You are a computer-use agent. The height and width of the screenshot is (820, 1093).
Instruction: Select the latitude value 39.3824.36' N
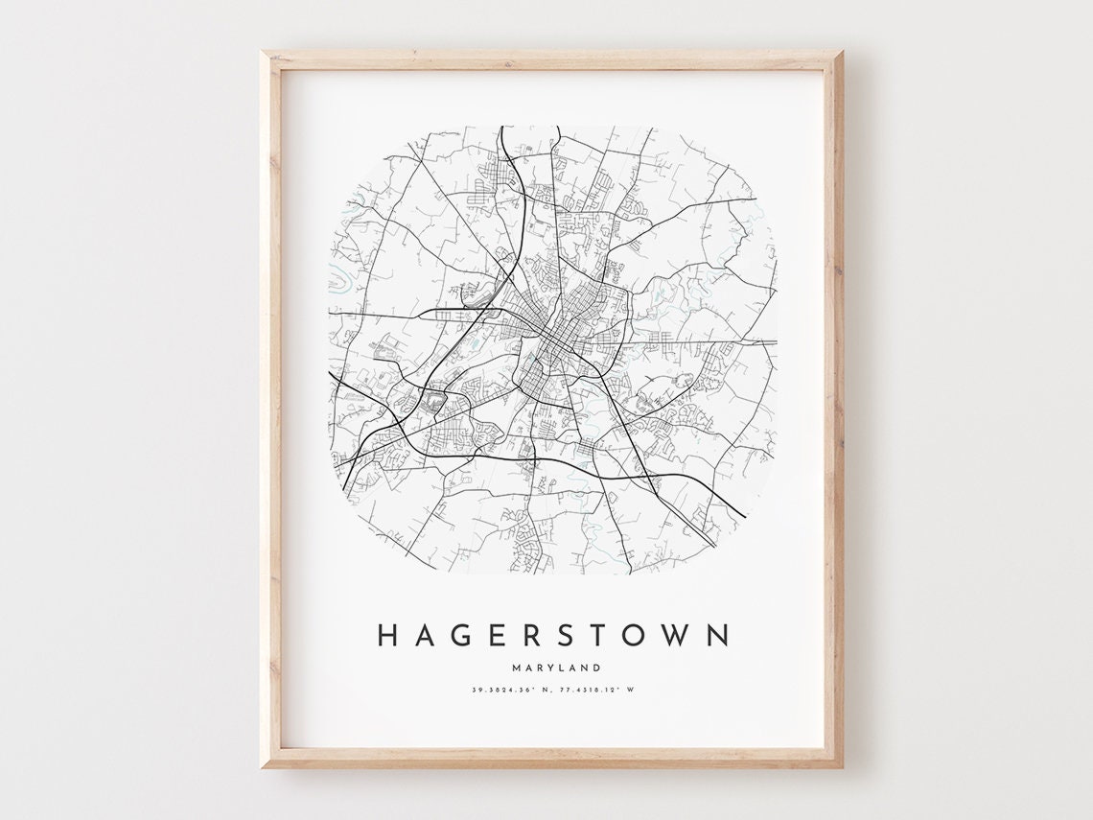point(511,689)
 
